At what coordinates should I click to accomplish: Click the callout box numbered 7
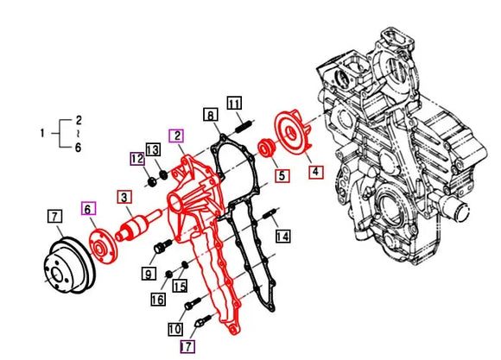click(54, 216)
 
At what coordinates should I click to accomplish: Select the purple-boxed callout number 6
click(88, 208)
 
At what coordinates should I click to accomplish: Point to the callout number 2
click(176, 136)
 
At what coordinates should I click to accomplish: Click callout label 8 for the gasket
click(209, 114)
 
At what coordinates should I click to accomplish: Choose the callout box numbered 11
click(234, 104)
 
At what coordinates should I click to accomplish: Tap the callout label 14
click(282, 236)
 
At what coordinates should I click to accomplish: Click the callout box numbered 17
click(187, 346)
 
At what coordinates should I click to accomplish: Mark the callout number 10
click(174, 329)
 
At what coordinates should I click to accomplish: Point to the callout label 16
click(158, 300)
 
